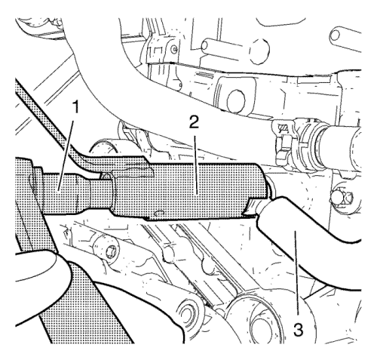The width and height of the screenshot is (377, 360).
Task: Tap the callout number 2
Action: pos(194,122)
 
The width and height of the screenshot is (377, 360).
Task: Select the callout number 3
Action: pos(299,329)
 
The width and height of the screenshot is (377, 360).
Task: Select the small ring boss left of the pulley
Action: pos(188,314)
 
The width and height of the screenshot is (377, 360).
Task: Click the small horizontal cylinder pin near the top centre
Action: pos(210,45)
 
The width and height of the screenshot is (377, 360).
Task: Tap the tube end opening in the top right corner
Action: pos(335,35)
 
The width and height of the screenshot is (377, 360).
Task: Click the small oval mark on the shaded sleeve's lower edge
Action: pos(158,213)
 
